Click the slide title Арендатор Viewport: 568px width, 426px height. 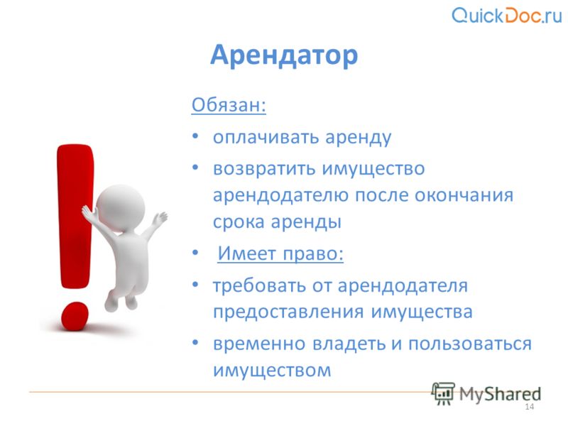(x=284, y=55)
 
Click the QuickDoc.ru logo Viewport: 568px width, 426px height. (x=507, y=15)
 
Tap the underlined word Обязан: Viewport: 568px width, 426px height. (x=229, y=105)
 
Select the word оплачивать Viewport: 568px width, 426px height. (x=266, y=137)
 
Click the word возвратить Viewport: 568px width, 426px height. (x=264, y=169)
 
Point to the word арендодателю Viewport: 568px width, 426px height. (x=280, y=196)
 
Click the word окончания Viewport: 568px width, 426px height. (x=464, y=196)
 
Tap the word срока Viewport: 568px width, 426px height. (x=239, y=222)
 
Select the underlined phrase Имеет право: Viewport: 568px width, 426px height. (x=280, y=253)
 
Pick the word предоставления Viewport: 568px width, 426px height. (x=288, y=312)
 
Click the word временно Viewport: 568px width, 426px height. (x=259, y=344)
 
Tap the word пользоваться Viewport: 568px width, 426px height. (x=470, y=344)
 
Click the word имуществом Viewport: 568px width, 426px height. (x=272, y=370)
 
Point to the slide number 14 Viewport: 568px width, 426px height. (x=529, y=407)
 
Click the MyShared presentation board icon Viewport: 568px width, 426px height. (x=442, y=393)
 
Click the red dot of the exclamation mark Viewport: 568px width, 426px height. (x=75, y=316)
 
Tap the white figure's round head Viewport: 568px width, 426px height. (x=121, y=209)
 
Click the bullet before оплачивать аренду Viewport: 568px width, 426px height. (x=195, y=136)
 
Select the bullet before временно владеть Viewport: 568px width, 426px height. (x=195, y=342)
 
